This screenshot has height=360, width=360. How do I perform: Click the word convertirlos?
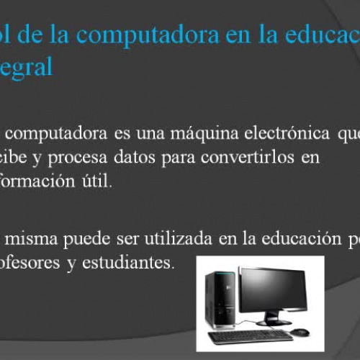(234, 157)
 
